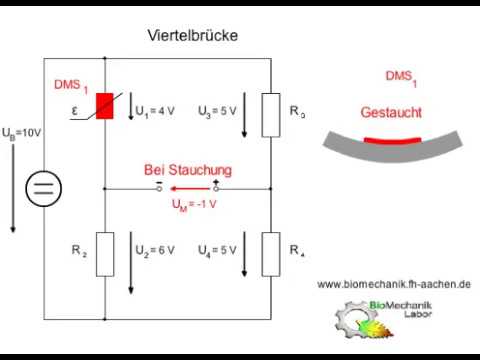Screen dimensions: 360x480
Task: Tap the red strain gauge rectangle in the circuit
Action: pyautogui.click(x=105, y=108)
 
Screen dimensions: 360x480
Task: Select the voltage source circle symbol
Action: pyautogui.click(x=43, y=188)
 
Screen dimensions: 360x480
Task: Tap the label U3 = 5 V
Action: pyautogui.click(x=217, y=110)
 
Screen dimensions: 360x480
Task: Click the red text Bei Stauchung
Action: pyautogui.click(x=188, y=170)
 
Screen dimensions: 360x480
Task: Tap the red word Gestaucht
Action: pyautogui.click(x=391, y=113)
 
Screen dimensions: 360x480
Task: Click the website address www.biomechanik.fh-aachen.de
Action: pyautogui.click(x=394, y=284)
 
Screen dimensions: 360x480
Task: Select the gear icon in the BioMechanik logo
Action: pyautogui.click(x=349, y=318)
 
